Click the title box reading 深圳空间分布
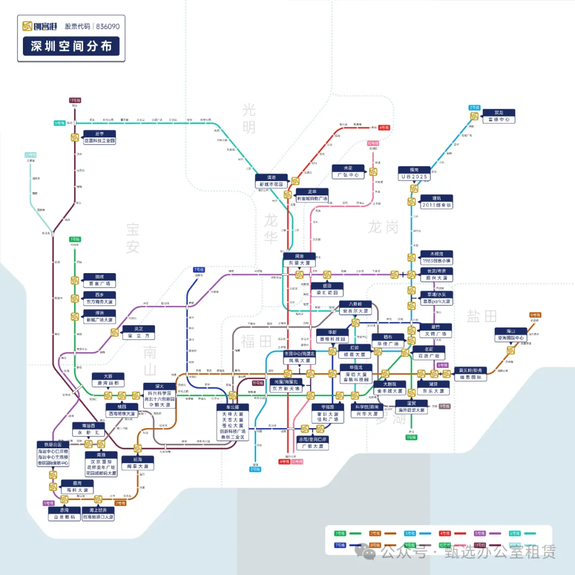[x=71, y=46]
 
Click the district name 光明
[x=249, y=119]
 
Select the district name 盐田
[x=482, y=316]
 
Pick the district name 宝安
[x=133, y=238]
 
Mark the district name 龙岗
[x=383, y=227]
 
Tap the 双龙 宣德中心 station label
[x=498, y=116]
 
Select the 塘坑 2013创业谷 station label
[x=437, y=202]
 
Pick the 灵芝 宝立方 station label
[x=138, y=332]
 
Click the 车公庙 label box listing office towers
[x=233, y=422]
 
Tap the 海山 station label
[x=511, y=334]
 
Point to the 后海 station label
[x=137, y=463]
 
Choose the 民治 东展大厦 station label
[x=299, y=260]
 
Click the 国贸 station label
[x=412, y=407]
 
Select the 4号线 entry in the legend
[x=453, y=533]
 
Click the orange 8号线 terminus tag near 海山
[x=535, y=315]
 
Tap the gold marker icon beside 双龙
[x=474, y=116]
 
